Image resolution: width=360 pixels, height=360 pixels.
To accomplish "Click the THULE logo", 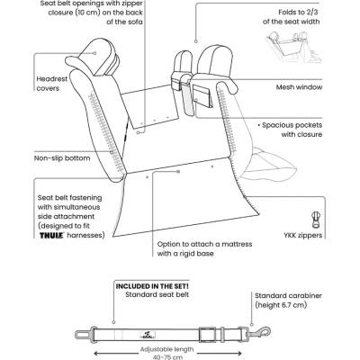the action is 52,236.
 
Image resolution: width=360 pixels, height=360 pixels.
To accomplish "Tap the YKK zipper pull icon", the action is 315,220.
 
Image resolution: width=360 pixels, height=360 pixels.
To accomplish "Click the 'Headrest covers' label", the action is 52,84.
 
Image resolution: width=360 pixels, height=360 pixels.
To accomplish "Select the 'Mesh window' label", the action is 299,87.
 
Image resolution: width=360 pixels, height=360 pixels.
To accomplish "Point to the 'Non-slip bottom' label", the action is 62,158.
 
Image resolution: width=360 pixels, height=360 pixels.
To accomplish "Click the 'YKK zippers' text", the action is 303,235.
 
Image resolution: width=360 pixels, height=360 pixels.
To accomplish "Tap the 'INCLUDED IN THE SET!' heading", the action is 152,286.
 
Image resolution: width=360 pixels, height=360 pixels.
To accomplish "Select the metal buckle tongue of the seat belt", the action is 85,333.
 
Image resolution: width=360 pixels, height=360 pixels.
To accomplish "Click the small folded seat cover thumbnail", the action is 294,47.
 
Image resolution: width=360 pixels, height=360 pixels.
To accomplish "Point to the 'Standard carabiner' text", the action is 288,296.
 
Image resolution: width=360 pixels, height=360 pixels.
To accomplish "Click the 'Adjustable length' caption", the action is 166,349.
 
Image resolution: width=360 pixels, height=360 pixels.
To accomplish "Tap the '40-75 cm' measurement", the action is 166,357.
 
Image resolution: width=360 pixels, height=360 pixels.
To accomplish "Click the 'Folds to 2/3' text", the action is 299,13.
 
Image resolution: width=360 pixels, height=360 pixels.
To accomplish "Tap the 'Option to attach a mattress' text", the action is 204,244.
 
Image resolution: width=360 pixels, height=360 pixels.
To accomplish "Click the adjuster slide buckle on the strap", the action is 206,333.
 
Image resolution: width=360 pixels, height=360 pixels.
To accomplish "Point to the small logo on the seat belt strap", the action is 148,334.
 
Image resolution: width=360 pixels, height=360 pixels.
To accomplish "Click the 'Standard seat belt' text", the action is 157,294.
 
